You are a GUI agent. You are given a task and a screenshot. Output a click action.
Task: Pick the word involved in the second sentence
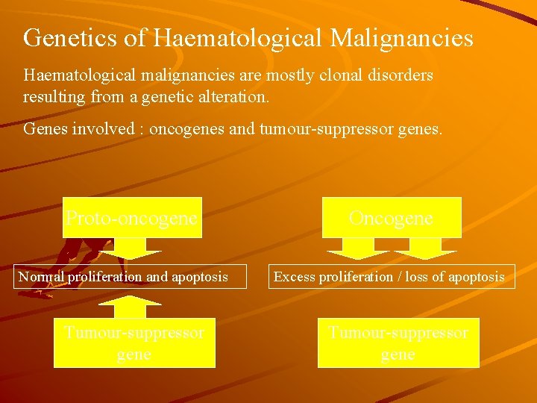pyautogui.click(x=110, y=129)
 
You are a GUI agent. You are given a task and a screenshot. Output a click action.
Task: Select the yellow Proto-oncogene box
pyautogui.click(x=132, y=217)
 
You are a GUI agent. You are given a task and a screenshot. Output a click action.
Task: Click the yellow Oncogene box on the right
pyautogui.click(x=391, y=217)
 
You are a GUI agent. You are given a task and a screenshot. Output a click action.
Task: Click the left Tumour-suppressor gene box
pyautogui.click(x=134, y=343)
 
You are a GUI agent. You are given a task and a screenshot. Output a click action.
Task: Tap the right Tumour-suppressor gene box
pyautogui.click(x=398, y=343)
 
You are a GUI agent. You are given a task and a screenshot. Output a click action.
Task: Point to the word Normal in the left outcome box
pyautogui.click(x=42, y=277)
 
